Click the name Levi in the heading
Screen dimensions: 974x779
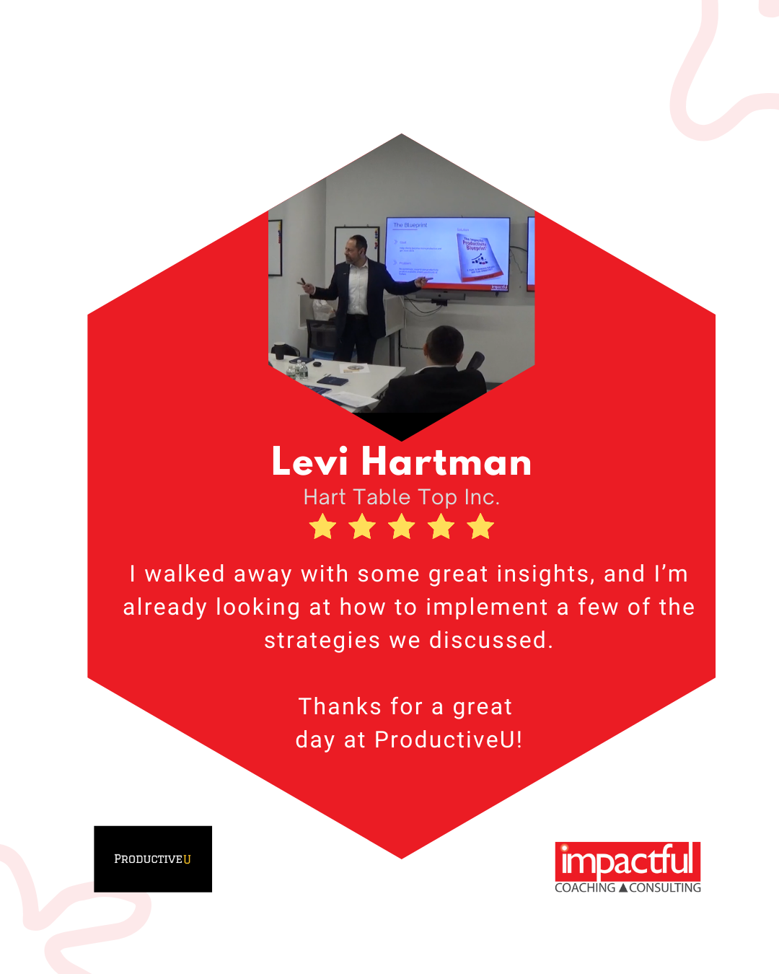pyautogui.click(x=309, y=462)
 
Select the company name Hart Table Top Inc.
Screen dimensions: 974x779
pyautogui.click(x=401, y=497)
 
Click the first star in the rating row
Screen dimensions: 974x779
pyautogui.click(x=322, y=527)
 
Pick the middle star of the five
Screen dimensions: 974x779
pyautogui.click(x=402, y=527)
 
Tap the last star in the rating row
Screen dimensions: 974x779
pyautogui.click(x=480, y=527)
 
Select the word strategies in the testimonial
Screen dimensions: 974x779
pyautogui.click(x=322, y=641)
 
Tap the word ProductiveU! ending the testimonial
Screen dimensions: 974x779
pyautogui.click(x=448, y=740)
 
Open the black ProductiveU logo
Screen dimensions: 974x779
pyautogui.click(x=153, y=859)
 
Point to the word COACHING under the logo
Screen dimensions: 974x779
pyautogui.click(x=585, y=887)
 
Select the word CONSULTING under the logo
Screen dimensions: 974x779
pyautogui.click(x=665, y=887)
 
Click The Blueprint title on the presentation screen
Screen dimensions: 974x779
pyautogui.click(x=410, y=225)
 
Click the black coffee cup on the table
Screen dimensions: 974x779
pyautogui.click(x=279, y=351)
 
